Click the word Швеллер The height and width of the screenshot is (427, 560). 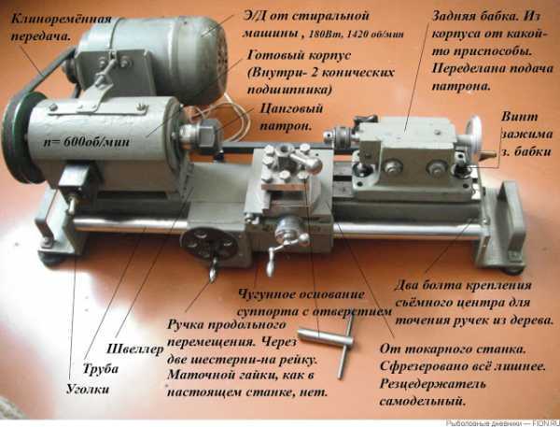135,349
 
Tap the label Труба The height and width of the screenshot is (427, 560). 101,368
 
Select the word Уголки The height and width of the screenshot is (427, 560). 88,389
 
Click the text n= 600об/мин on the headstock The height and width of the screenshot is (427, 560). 87,142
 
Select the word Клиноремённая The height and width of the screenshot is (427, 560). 62,19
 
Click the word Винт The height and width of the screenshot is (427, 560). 519,117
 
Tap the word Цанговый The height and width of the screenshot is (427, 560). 291,108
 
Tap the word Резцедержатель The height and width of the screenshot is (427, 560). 432,384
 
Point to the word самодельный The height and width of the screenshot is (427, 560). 423,401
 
